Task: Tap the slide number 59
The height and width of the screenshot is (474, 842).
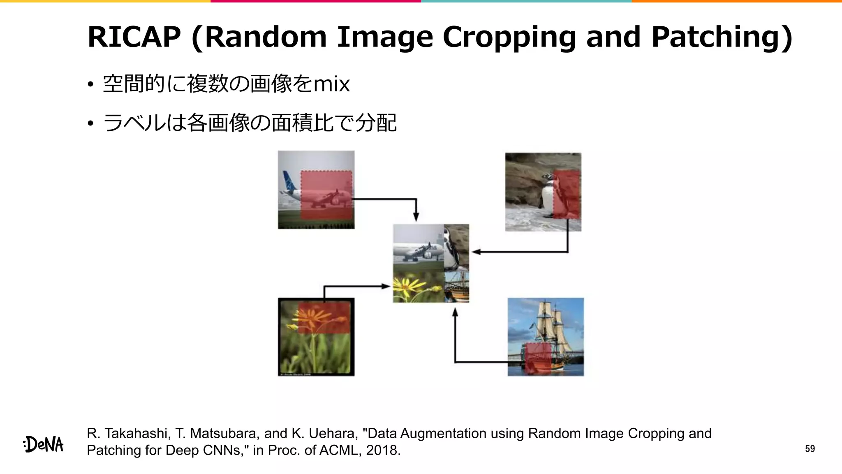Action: (x=810, y=448)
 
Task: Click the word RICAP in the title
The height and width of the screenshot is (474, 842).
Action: (x=134, y=37)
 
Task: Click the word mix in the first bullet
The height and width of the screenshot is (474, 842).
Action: (x=331, y=84)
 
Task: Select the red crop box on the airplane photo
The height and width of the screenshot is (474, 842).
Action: (x=326, y=195)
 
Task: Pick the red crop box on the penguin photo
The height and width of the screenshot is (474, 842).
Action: (x=567, y=194)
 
